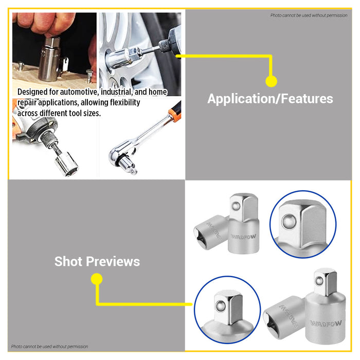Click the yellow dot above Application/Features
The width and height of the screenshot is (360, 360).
[271, 81]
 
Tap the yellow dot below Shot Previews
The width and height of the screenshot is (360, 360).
[97, 279]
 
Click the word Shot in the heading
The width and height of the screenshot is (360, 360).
[68, 261]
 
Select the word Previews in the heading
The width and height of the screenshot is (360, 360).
[113, 261]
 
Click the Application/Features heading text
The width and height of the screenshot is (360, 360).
[270, 99]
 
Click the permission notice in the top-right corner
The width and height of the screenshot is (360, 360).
[309, 15]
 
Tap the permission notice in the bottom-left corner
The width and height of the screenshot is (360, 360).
[49, 347]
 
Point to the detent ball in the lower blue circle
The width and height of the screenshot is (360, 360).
[221, 305]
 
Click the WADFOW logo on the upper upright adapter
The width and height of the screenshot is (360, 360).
[243, 237]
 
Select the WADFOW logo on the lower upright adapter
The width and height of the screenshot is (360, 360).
[326, 323]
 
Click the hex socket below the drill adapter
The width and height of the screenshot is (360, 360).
[66, 164]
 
